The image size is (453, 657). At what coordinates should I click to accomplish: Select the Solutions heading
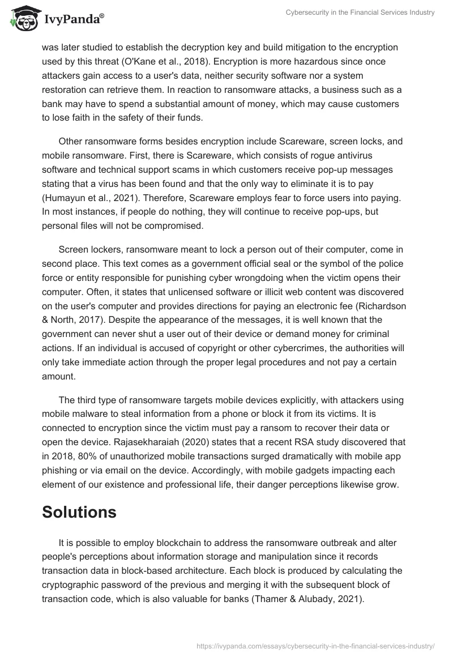pos(79,512)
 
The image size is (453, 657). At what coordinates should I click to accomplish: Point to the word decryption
pos(200,47)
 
